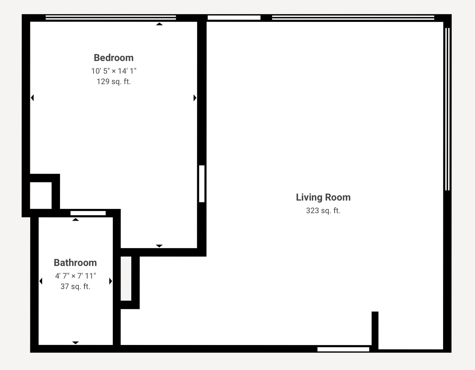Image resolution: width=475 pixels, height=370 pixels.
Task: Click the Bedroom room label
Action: pyautogui.click(x=113, y=58)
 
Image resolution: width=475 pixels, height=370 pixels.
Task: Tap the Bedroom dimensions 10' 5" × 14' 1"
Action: pyautogui.click(x=113, y=71)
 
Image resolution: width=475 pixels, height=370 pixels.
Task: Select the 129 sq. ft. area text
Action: pyautogui.click(x=113, y=82)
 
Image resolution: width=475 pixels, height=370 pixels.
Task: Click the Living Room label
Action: pyautogui.click(x=323, y=197)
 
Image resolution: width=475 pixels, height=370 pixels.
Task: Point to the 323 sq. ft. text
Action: pyautogui.click(x=323, y=211)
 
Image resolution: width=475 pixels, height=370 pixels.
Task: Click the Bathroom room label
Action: pyautogui.click(x=75, y=263)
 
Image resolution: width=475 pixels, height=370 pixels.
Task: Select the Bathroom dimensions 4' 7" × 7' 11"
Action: pyautogui.click(x=75, y=276)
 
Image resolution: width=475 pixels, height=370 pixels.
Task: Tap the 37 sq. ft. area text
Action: pyautogui.click(x=75, y=286)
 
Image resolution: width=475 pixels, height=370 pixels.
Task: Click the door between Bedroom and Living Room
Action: pyautogui.click(x=202, y=184)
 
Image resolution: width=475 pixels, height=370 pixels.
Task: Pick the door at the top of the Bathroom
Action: pyautogui.click(x=88, y=213)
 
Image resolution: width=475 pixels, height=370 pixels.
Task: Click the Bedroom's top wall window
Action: pyautogui.click(x=111, y=17)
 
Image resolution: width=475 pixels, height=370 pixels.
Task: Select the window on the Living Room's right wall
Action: pyautogui.click(x=447, y=109)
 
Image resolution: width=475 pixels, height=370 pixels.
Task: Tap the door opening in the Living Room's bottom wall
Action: pyautogui.click(x=343, y=349)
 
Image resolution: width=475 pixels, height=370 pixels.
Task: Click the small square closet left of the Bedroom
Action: pyautogui.click(x=41, y=195)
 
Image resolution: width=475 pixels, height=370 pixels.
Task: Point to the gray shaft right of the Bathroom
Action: pyautogui.click(x=126, y=278)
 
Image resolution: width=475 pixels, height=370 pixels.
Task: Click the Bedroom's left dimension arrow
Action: pyautogui.click(x=33, y=98)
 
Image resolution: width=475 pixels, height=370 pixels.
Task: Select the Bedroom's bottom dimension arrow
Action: pyautogui.click(x=159, y=246)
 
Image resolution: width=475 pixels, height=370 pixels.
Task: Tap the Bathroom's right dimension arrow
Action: pyautogui.click(x=110, y=281)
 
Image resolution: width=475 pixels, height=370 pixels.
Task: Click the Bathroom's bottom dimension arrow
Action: pyautogui.click(x=75, y=343)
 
